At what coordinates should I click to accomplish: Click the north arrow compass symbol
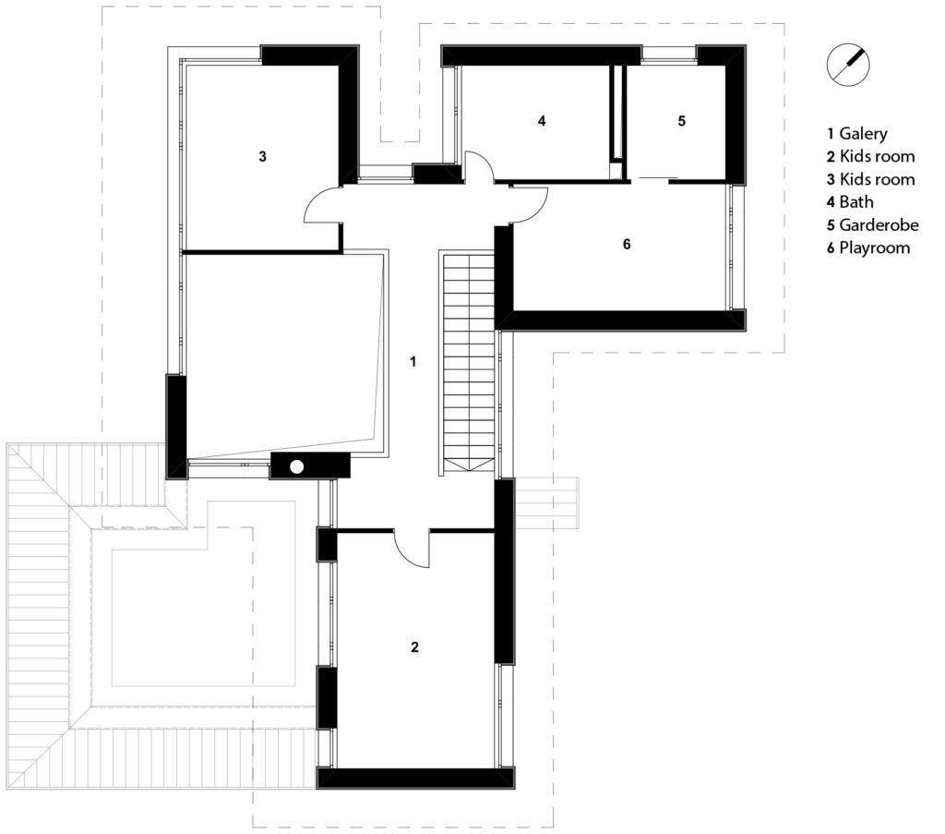(848, 64)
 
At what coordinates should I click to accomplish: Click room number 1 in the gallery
(413, 362)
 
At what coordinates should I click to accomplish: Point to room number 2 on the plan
(414, 647)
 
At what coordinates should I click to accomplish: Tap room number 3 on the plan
(262, 156)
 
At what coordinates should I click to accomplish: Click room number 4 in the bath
(542, 121)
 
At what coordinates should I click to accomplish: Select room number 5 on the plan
(682, 121)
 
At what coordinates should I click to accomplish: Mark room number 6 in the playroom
(627, 244)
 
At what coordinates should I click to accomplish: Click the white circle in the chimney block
(297, 466)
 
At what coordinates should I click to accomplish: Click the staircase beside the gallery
(469, 362)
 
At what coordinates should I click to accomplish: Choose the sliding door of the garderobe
(658, 178)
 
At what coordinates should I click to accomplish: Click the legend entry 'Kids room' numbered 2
(870, 157)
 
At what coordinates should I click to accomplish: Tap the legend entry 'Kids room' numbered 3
(870, 180)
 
